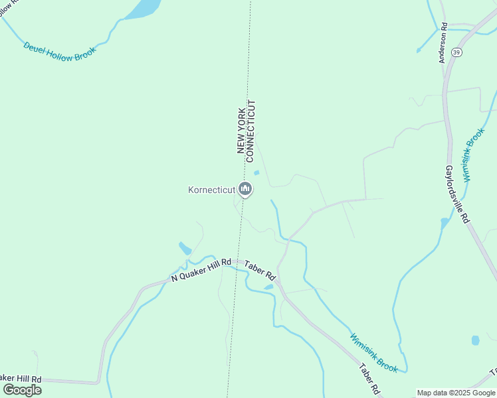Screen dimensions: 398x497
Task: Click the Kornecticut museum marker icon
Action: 245,190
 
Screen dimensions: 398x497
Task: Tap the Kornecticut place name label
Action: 212,190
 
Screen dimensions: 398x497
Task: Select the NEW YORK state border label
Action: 242,129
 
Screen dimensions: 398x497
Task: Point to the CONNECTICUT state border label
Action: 250,131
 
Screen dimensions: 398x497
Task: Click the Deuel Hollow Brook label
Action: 60,50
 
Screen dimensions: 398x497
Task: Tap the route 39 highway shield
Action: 456,52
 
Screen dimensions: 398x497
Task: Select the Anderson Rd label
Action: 443,43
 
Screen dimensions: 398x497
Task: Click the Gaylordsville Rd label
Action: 457,194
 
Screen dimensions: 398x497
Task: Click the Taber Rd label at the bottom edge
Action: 369,380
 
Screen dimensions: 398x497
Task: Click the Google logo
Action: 22,390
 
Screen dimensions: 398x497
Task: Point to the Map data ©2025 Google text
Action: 456,393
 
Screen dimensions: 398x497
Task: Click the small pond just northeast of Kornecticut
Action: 256,174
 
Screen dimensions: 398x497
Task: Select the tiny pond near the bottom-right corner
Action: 475,340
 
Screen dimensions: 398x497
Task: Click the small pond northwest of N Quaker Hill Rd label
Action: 185,249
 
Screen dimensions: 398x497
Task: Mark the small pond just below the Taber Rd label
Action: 268,287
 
